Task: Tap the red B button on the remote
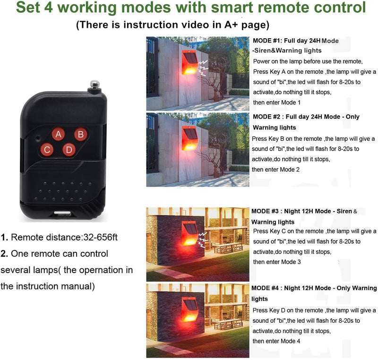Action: (x=81, y=135)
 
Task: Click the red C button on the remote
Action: (x=47, y=150)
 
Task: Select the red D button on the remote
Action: (x=69, y=150)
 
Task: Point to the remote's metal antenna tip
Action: (x=94, y=85)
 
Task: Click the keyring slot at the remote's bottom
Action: (x=62, y=214)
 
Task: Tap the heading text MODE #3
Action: (x=265, y=211)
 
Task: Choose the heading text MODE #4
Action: (x=265, y=288)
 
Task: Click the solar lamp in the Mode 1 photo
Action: (x=189, y=62)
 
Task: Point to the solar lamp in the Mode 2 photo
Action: (x=189, y=138)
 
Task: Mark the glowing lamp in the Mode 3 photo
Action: (x=189, y=233)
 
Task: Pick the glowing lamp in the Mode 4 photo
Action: (x=189, y=309)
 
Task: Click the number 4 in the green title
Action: (x=48, y=7)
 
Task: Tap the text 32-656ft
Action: (x=100, y=237)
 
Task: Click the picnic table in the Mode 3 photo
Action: (x=228, y=248)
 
